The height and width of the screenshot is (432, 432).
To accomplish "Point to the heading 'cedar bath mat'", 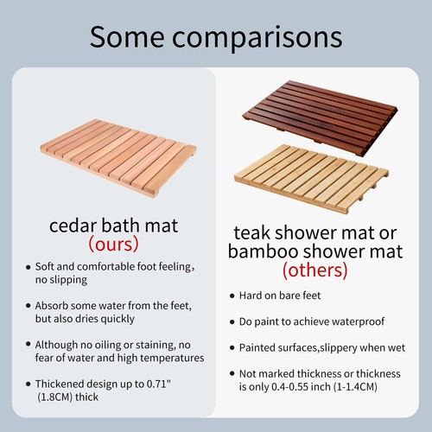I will [x=113, y=226].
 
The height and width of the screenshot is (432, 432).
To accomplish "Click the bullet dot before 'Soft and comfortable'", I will [x=27, y=267].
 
